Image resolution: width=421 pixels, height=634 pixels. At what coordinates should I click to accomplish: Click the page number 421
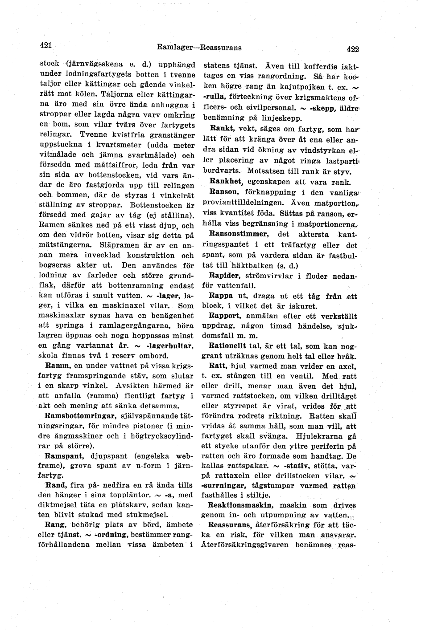coord(46,45)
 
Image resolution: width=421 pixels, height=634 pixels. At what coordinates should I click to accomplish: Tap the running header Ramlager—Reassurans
coord(199,47)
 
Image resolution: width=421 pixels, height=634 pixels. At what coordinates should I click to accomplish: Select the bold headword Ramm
coord(56,366)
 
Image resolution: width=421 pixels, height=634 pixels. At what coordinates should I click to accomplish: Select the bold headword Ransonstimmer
coord(239,234)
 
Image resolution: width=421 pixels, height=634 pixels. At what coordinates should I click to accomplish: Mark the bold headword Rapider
coord(225,276)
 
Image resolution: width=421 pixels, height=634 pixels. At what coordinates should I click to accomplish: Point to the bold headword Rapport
coord(225,316)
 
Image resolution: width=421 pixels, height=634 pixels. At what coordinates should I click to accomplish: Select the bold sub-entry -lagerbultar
coord(166,346)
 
